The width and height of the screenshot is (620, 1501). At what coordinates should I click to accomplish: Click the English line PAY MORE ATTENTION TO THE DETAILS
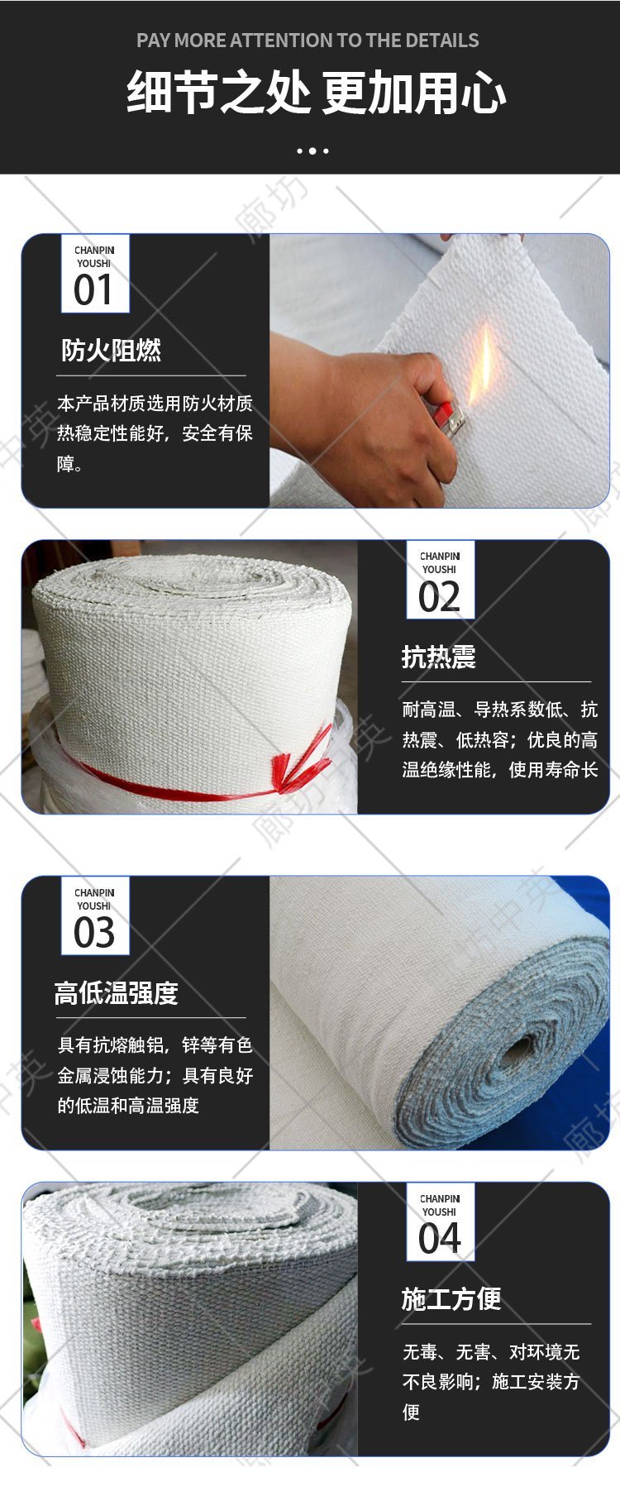coord(308,41)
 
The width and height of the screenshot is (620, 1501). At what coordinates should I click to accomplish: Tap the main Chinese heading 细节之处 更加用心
coord(316,93)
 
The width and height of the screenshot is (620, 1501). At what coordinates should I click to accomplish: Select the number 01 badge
coord(95,274)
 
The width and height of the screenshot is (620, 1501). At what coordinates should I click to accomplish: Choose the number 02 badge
coord(440,580)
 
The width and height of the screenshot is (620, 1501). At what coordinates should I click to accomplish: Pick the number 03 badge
coord(95,916)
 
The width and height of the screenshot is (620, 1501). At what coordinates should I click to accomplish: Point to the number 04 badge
coord(440,1222)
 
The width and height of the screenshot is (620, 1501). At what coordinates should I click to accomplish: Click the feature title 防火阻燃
coord(111,351)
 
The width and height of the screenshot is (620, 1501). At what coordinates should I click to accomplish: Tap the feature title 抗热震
coord(439,657)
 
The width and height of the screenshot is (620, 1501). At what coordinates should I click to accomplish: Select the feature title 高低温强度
coord(117,993)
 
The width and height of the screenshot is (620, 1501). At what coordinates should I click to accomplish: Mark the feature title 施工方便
coord(451,1299)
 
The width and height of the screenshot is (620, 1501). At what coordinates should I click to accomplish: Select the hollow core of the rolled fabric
coord(518,1055)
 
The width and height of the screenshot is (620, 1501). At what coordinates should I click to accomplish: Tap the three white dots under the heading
coord(312,151)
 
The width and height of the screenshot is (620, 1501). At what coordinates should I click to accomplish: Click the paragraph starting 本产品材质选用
coord(155,433)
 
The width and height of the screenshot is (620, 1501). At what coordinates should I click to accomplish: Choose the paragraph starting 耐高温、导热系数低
coord(499,739)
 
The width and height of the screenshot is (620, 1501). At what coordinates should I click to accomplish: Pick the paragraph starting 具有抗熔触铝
coord(155,1075)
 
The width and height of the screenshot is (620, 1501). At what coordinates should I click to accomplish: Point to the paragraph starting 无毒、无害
coord(491,1382)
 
